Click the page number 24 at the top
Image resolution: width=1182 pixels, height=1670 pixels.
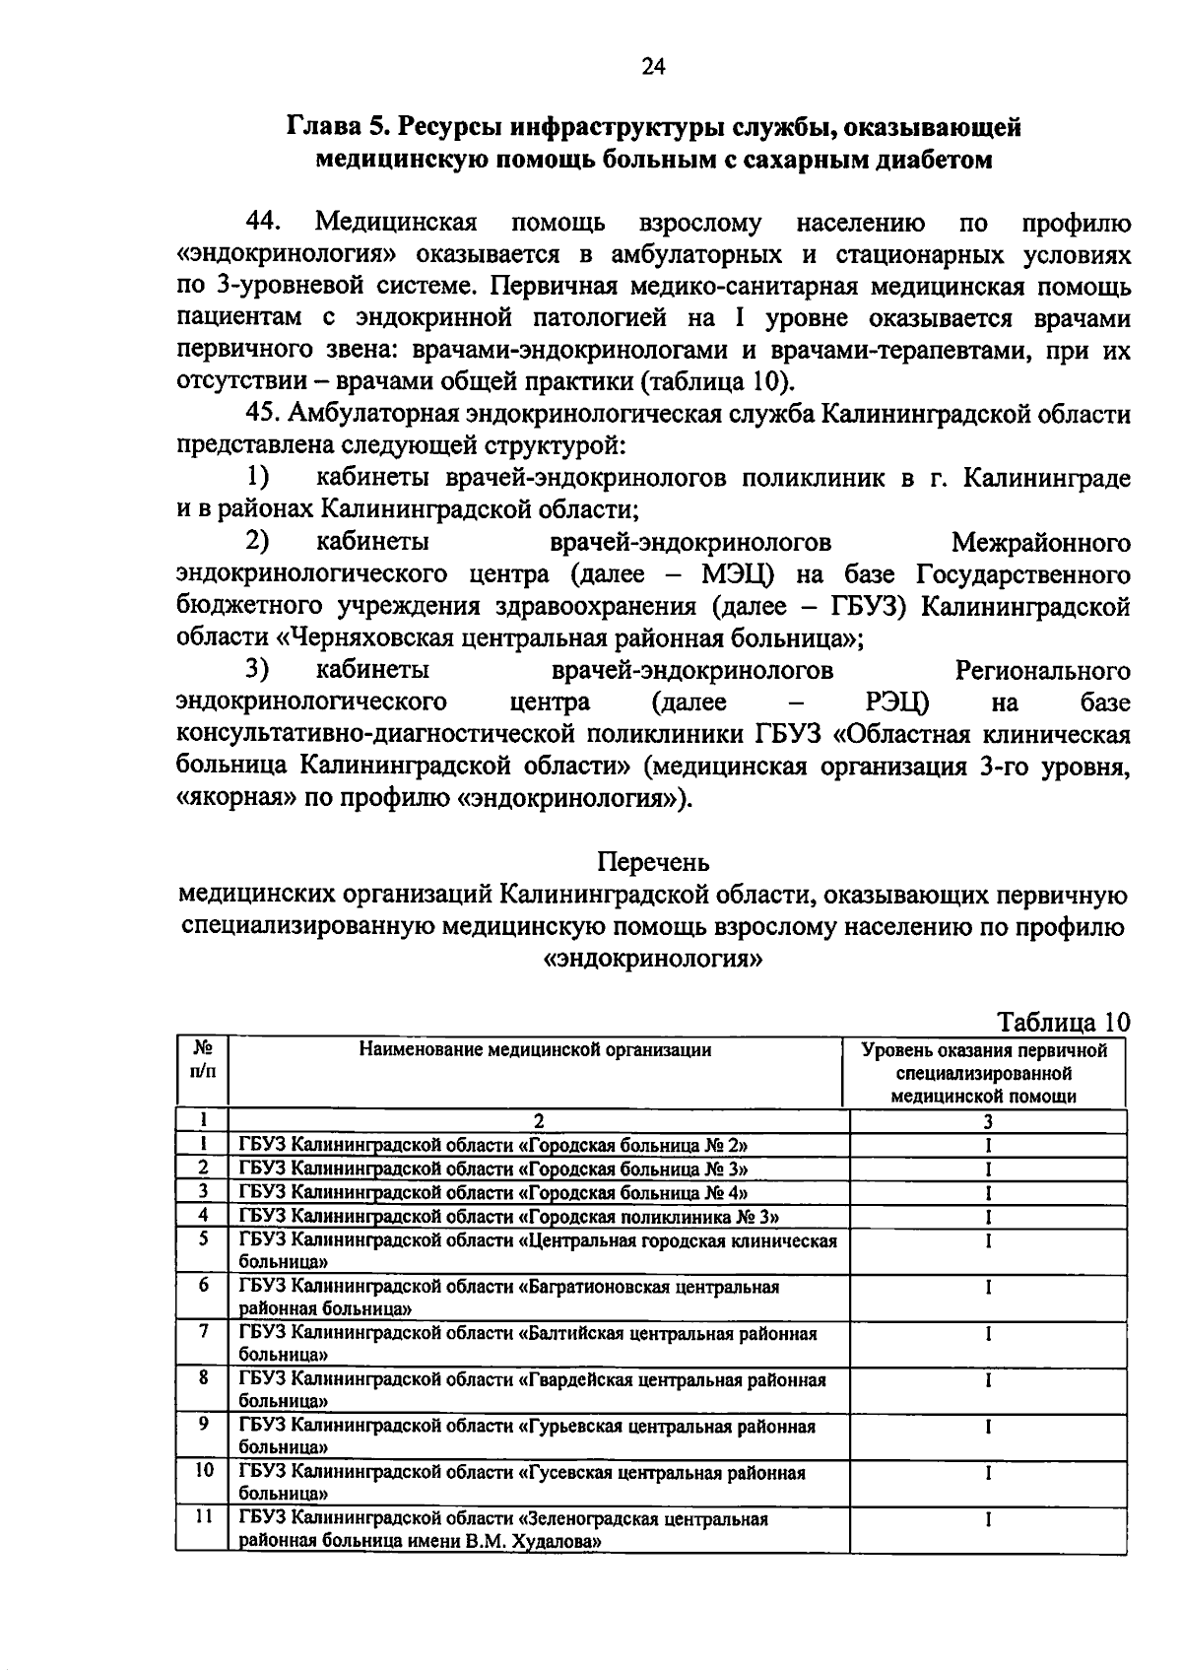point(653,67)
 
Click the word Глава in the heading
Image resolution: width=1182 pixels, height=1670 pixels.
point(322,127)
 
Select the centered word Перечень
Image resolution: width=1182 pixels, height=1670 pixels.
point(653,862)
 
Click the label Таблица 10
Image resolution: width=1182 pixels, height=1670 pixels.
point(1064,1021)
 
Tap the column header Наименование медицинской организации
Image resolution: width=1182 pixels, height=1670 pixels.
point(535,1050)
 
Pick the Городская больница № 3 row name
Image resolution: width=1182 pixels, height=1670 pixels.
point(638,1169)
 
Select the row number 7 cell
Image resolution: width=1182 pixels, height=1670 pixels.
point(203,1332)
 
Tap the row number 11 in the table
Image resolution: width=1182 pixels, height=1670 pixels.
point(203,1518)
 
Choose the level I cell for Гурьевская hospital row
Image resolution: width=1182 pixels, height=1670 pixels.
point(987,1427)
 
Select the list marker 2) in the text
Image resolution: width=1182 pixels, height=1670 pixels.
point(258,542)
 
